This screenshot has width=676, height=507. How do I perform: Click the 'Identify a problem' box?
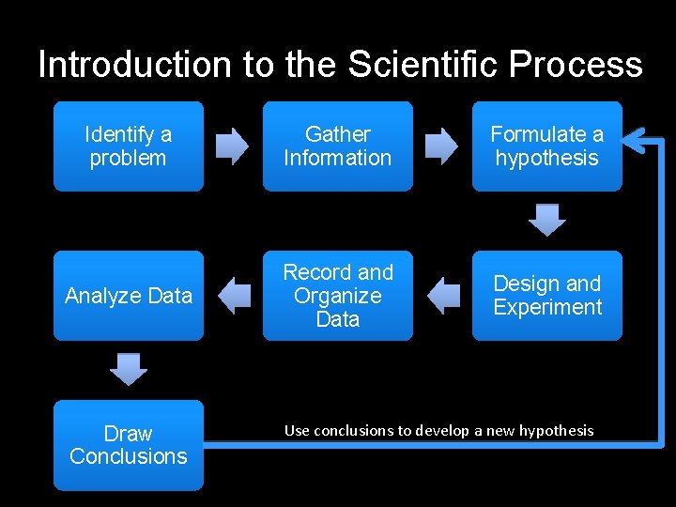tap(128, 146)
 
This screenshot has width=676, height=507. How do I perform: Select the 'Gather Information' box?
tap(337, 146)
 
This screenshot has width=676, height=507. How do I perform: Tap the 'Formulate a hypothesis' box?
tap(546, 146)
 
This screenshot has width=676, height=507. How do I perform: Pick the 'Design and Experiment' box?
tap(546, 296)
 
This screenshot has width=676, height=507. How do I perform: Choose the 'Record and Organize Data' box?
tap(337, 296)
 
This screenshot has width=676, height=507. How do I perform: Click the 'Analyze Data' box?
tap(128, 296)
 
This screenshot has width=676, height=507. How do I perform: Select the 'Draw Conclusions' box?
tap(128, 445)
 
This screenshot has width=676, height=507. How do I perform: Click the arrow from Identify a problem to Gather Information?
tap(233, 146)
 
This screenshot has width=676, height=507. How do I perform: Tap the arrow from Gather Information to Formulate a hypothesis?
tap(441, 146)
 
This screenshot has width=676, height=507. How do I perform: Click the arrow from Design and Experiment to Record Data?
tap(442, 296)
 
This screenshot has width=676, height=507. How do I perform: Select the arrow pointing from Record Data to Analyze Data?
tap(233, 296)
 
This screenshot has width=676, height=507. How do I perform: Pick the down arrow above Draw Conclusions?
tap(129, 369)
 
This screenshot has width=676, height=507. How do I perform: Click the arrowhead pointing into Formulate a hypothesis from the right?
tap(635, 142)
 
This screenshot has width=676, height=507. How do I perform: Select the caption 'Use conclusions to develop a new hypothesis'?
tap(438, 430)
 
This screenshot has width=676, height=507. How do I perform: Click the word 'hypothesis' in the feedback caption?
tap(558, 431)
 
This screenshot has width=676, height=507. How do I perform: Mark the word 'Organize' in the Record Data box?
tap(337, 296)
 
